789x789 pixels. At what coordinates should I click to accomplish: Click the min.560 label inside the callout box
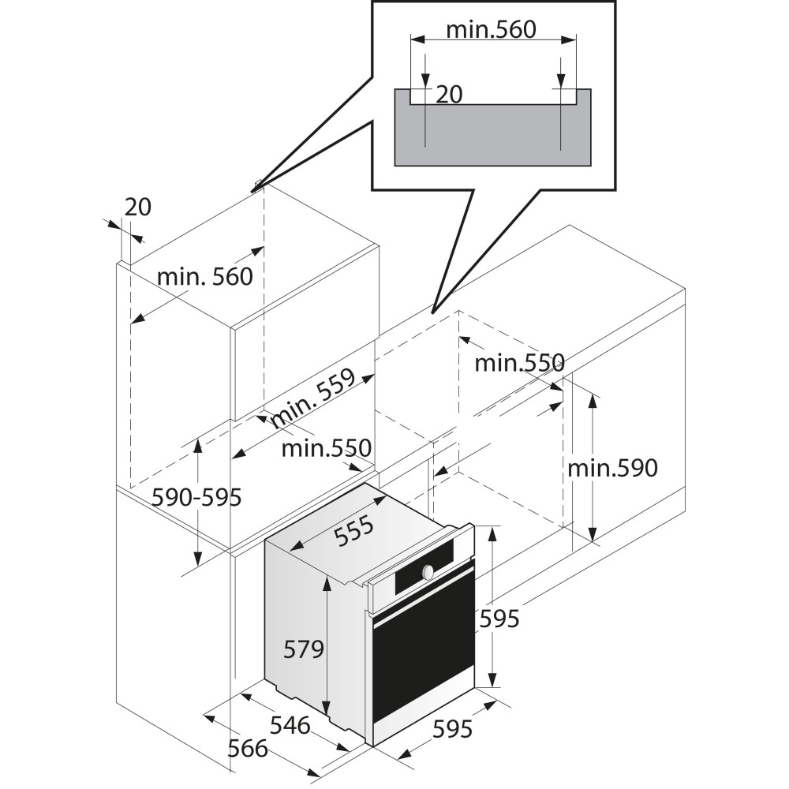[x=491, y=30]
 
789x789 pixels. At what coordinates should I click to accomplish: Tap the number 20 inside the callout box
[x=449, y=95]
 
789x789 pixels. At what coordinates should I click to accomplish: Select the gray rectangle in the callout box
[x=492, y=138]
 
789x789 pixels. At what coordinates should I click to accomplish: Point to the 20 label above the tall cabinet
[x=137, y=208]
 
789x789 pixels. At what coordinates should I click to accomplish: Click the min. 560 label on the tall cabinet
[x=205, y=277]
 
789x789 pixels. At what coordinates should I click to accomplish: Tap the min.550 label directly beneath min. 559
[x=326, y=449]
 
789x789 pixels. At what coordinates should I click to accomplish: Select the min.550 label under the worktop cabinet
[x=519, y=363]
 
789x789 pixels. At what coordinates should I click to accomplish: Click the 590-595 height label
[x=196, y=498]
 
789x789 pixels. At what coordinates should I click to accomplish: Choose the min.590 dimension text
[x=612, y=469]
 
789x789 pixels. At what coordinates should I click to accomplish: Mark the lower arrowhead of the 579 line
[x=326, y=708]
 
